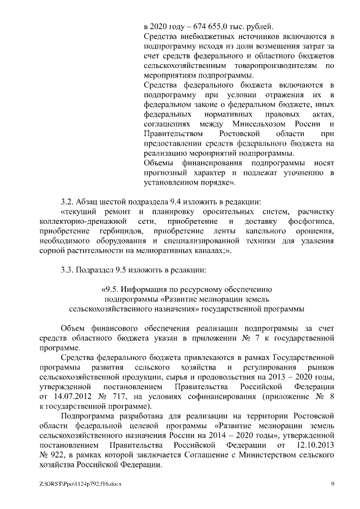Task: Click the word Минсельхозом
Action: pos(265,123)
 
